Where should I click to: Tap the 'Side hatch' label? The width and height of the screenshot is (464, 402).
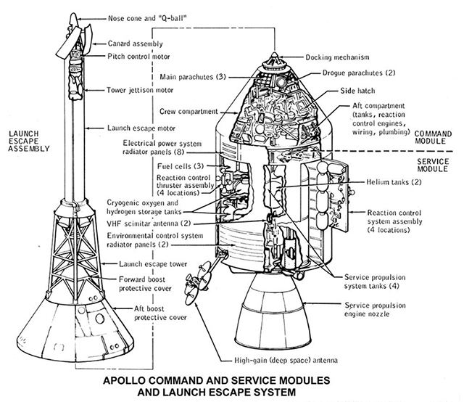[360, 93]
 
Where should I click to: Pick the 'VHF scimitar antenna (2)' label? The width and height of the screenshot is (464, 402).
[149, 224]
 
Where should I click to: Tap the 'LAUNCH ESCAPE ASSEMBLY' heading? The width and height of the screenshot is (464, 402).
[28, 141]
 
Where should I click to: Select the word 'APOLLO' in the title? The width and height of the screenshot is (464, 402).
[127, 381]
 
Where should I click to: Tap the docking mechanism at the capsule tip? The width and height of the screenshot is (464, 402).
[274, 60]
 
